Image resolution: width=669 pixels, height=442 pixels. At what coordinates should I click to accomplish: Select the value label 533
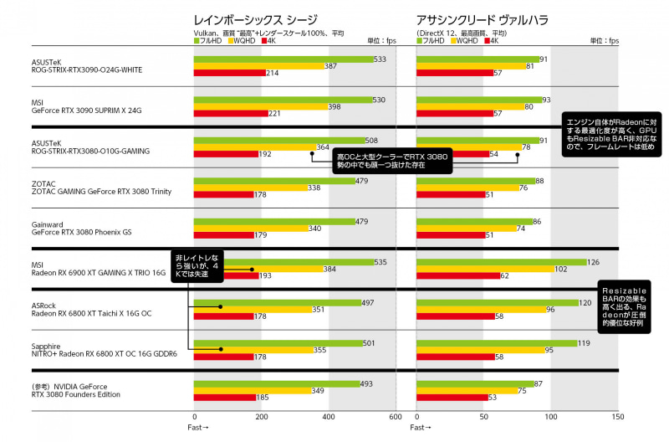(380, 59)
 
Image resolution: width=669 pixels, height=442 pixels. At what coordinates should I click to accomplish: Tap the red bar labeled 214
(228, 73)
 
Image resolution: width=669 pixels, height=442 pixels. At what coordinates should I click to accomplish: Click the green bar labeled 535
(284, 262)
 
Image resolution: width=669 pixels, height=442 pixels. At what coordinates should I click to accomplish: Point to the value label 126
(593, 262)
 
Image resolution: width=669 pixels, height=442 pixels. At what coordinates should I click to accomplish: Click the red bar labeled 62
(457, 275)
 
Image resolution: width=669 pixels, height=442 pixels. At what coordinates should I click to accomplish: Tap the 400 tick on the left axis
(329, 416)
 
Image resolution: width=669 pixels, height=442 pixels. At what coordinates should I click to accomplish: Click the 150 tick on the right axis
(617, 416)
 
